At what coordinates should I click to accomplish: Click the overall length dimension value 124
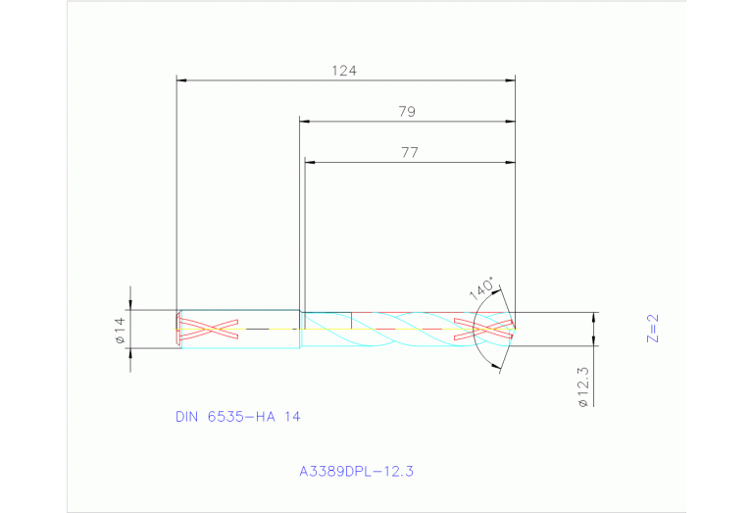point(343,71)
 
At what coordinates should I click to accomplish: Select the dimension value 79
point(407,112)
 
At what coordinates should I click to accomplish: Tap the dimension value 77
point(410,152)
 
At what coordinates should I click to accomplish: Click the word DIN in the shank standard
point(186,417)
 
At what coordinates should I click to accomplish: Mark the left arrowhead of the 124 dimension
point(180,80)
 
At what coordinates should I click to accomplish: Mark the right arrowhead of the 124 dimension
point(511,80)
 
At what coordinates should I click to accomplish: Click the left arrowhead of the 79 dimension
point(304,122)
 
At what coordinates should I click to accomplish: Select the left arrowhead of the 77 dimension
point(309,162)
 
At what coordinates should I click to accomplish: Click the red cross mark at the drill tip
point(484,329)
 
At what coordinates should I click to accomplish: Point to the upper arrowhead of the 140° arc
point(500,290)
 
